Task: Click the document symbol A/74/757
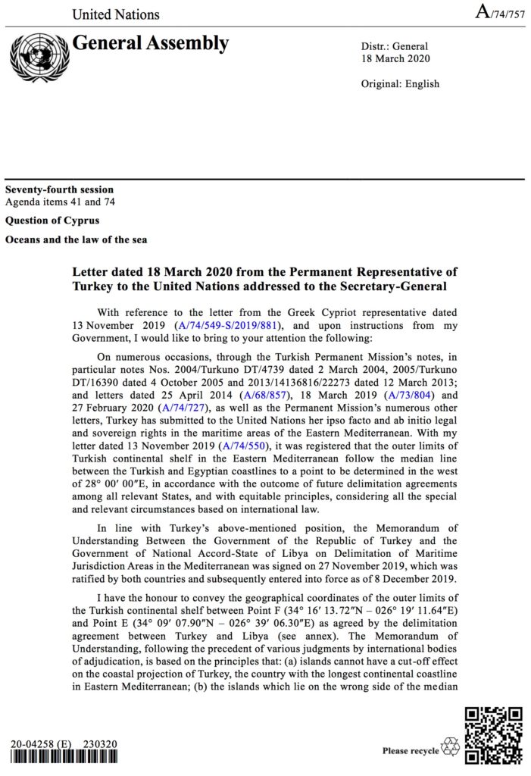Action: [499, 12]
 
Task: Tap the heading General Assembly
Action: [150, 43]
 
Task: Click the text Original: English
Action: [401, 83]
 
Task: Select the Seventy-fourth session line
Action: [59, 189]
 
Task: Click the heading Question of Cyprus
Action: [52, 221]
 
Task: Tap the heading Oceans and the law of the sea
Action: [76, 239]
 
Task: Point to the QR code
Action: [493, 734]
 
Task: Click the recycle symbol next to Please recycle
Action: [451, 747]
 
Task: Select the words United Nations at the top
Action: [116, 14]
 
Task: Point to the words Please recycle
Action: [411, 751]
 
